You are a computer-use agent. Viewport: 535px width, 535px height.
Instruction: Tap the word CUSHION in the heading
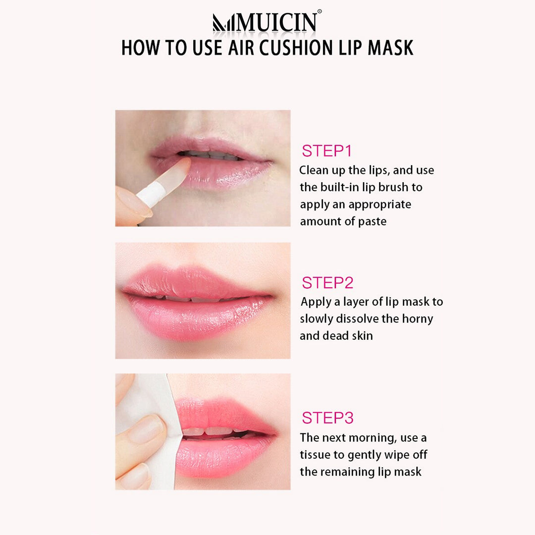[296, 48]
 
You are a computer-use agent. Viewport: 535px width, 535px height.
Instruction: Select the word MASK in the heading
[390, 48]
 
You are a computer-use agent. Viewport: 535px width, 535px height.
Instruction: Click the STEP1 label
[326, 151]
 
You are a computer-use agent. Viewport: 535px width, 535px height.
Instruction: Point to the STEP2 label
[327, 282]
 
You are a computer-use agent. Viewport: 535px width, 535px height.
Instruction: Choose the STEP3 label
[327, 418]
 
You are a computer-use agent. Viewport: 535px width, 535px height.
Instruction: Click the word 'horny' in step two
[418, 319]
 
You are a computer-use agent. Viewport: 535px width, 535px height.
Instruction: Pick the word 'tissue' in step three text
[315, 455]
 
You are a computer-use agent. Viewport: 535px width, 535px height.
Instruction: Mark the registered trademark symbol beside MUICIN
[320, 11]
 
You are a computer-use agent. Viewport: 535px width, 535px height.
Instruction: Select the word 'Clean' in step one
[312, 170]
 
